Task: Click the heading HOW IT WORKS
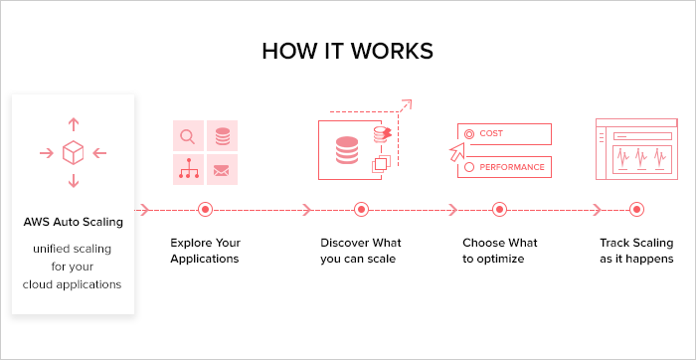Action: pos(348,51)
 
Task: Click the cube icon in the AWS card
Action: pos(73,153)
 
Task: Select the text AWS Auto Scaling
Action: pos(73,222)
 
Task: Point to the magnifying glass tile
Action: pos(187,136)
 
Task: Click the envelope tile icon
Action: pos(221,170)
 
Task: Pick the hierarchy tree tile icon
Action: pos(187,170)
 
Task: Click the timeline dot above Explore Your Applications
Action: pos(206,210)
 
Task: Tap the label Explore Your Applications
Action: pos(205,251)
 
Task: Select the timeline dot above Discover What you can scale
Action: pos(361,210)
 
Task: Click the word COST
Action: pos(491,133)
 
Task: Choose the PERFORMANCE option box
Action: pos(504,167)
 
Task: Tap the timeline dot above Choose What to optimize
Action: pos(500,210)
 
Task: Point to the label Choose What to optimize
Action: pos(500,251)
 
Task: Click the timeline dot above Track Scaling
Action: pos(636,210)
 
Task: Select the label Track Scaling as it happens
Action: pos(636,251)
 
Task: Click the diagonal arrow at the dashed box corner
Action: pos(404,105)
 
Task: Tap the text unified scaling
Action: pos(73,248)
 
